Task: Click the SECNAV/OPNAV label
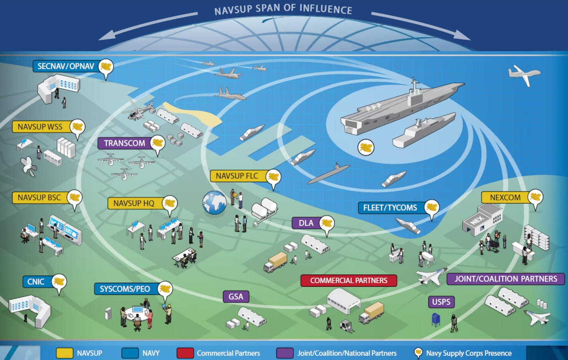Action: (66, 66)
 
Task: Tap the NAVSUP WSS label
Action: (40, 127)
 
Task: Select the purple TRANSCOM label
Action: (124, 143)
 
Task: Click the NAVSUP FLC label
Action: (237, 176)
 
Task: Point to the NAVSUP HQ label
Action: (134, 203)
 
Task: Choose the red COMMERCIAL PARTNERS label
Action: (348, 280)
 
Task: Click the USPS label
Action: (441, 302)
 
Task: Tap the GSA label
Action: (236, 296)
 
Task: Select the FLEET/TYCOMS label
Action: (390, 208)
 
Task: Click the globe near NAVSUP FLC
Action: (214, 202)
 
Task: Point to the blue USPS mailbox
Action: (436, 319)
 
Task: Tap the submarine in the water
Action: (329, 174)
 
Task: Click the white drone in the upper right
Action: (524, 74)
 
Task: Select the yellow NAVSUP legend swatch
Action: (64, 353)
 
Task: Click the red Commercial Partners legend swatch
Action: (185, 353)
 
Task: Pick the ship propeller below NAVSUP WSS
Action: (29, 166)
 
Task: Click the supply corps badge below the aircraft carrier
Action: (366, 147)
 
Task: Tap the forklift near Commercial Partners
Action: (346, 326)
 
